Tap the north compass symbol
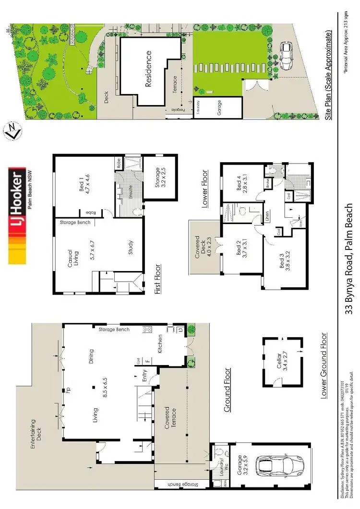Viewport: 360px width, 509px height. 12,131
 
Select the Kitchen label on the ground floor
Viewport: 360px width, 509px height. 160,343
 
